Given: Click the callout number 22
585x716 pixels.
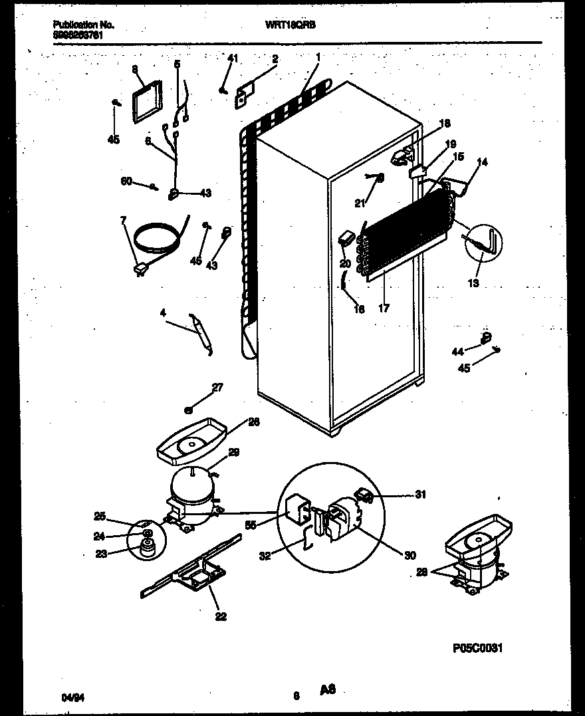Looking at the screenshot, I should (221, 617).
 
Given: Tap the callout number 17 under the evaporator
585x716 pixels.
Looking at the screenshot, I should (384, 308).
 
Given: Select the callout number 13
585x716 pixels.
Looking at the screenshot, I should (473, 283).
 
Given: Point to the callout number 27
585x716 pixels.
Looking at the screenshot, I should (216, 388).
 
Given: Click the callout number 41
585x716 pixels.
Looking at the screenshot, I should (232, 59).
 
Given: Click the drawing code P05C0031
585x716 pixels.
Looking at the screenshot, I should (479, 648).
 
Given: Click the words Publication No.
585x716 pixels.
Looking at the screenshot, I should (83, 25).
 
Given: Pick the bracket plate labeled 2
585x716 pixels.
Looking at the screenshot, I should (243, 94).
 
